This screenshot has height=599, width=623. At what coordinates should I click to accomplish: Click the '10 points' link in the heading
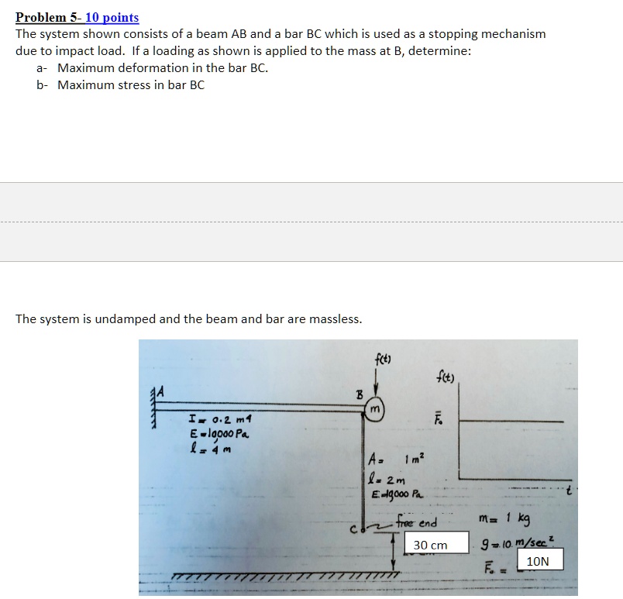(112, 17)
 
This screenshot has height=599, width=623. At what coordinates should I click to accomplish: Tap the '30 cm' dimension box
(431, 545)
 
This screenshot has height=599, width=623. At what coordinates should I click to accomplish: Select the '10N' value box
(540, 560)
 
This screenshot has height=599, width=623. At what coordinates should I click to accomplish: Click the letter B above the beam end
(359, 394)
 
